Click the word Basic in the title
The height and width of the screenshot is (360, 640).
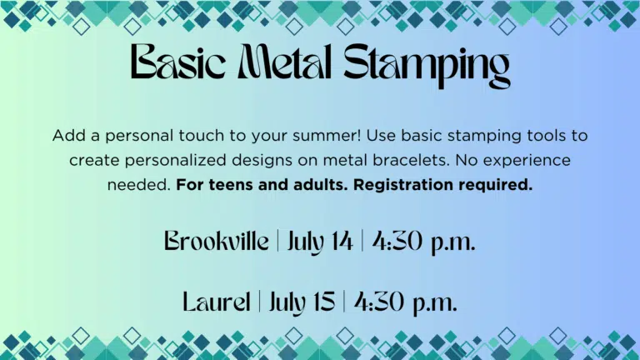(x=178, y=62)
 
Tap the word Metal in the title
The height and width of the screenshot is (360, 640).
(x=284, y=62)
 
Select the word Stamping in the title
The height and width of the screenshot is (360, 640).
(x=427, y=65)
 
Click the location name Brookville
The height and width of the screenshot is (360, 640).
(x=217, y=241)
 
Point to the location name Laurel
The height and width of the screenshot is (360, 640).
(x=217, y=302)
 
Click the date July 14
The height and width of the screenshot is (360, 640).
(x=320, y=242)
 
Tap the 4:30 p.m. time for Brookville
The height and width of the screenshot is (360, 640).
(x=423, y=242)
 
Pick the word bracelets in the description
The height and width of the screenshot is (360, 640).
(x=411, y=160)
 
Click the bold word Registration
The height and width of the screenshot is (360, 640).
(x=402, y=185)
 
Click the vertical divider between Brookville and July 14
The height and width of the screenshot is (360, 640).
(x=278, y=241)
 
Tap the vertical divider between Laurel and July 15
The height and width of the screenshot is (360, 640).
(x=260, y=302)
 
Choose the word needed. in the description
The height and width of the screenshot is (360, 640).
(x=139, y=185)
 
